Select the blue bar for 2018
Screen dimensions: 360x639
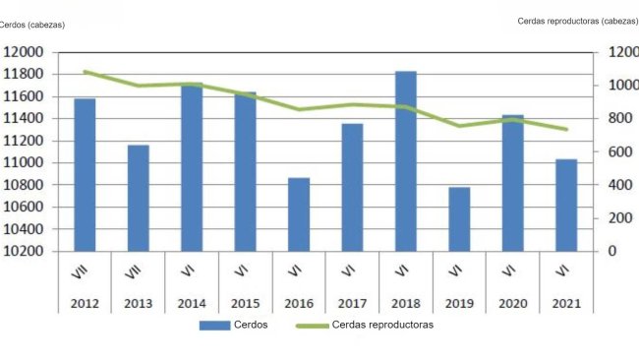(x=405, y=161)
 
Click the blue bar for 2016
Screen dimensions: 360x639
(x=299, y=214)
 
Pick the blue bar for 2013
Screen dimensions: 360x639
(x=138, y=198)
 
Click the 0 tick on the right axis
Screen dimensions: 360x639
(x=611, y=251)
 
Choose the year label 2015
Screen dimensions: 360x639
(x=245, y=304)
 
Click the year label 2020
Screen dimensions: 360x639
(x=512, y=304)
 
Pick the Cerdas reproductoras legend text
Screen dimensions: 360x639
(x=382, y=325)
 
